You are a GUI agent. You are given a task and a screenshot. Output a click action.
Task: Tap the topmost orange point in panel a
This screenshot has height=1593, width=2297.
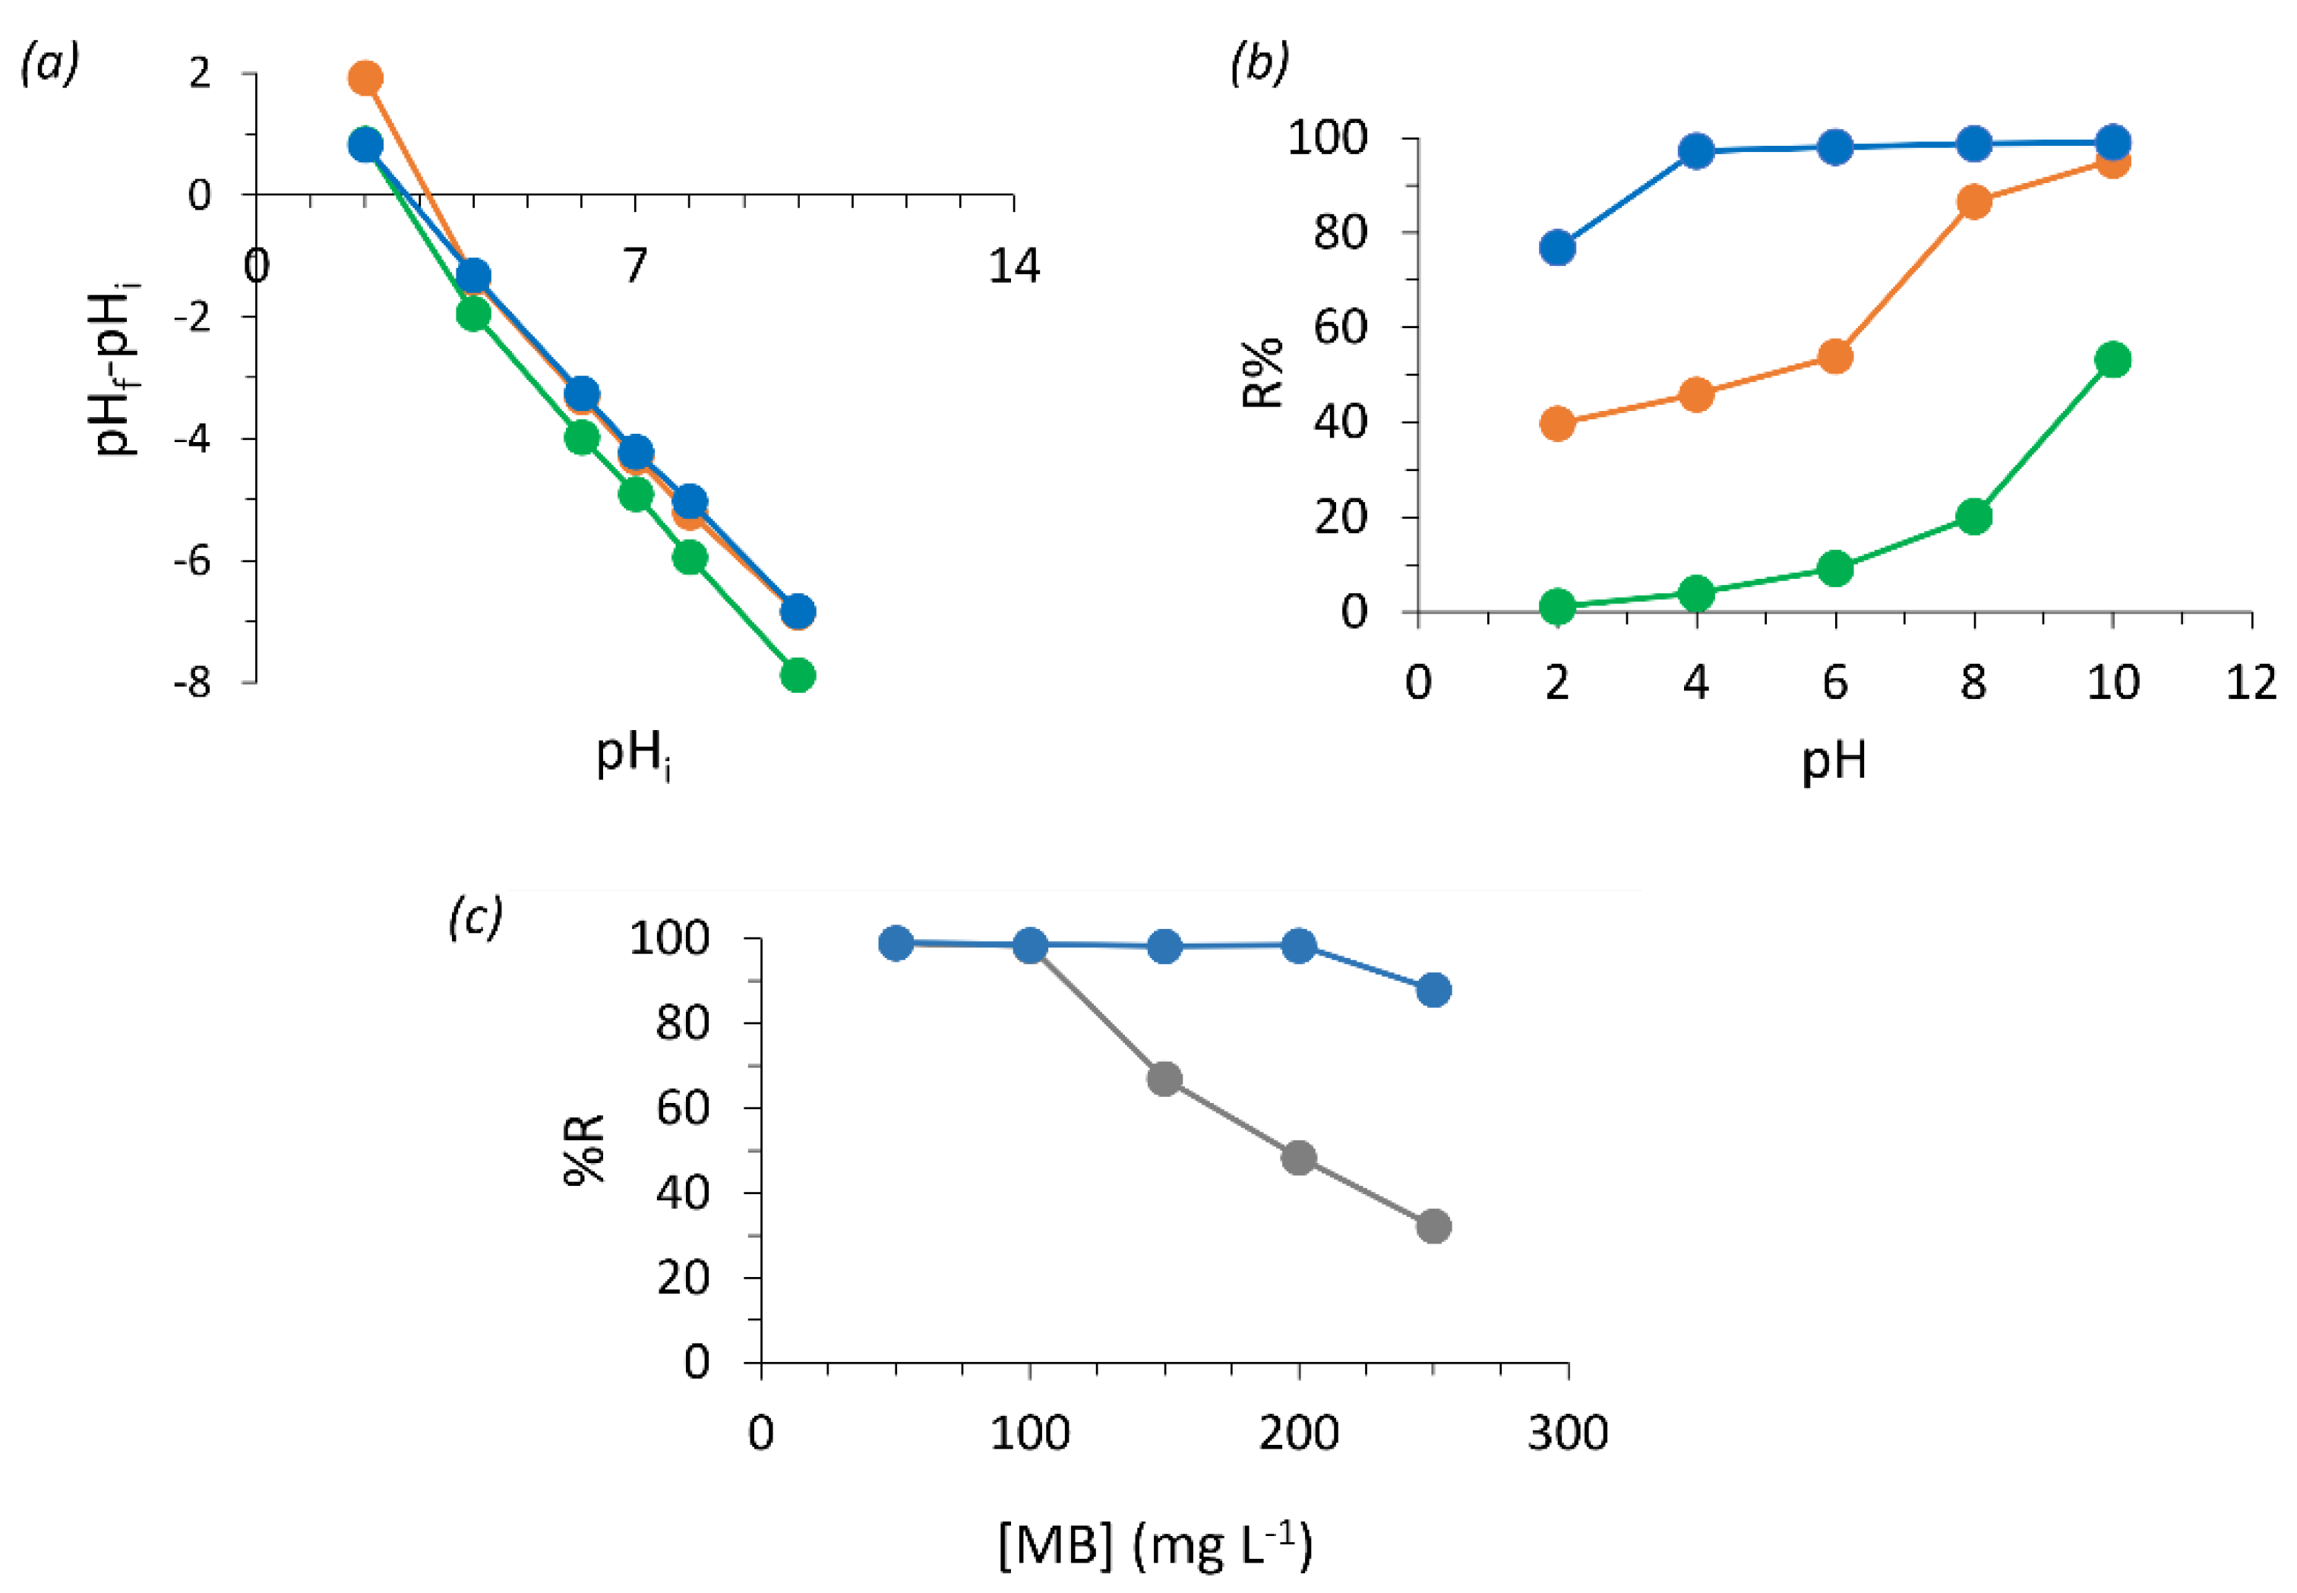click(365, 77)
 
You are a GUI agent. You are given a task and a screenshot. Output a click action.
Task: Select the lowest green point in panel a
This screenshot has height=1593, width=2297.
click(798, 676)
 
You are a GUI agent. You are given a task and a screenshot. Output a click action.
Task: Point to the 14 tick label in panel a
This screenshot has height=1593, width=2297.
click(1014, 267)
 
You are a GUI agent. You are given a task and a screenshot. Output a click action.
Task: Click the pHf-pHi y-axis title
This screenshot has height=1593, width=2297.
click(118, 369)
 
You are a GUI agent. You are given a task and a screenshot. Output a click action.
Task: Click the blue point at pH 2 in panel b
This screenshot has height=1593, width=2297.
click(1558, 248)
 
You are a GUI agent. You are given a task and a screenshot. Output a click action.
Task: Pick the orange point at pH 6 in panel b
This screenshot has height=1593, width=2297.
click(1835, 356)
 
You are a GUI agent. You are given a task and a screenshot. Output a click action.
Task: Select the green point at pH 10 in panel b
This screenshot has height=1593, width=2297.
click(2112, 360)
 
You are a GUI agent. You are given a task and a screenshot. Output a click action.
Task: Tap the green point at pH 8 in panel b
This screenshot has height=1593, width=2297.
click(1973, 517)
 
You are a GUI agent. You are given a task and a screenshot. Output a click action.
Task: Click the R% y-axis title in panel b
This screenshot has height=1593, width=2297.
click(1263, 375)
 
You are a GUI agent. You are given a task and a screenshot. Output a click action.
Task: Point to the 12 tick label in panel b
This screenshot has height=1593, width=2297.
click(2251, 683)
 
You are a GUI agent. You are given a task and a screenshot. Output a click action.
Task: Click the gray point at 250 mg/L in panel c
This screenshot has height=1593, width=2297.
click(1433, 1227)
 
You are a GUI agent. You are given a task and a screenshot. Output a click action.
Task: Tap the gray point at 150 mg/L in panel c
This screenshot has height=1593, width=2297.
click(1164, 1079)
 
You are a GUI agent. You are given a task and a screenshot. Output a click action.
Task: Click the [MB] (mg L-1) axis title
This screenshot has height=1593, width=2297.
click(1155, 1545)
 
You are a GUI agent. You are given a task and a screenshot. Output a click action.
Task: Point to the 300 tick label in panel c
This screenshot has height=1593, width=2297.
click(1568, 1433)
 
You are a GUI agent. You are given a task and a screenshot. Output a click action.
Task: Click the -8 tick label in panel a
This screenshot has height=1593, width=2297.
click(193, 684)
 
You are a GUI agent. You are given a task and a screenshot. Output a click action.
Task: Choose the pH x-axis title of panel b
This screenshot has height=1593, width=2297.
click(1833, 763)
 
